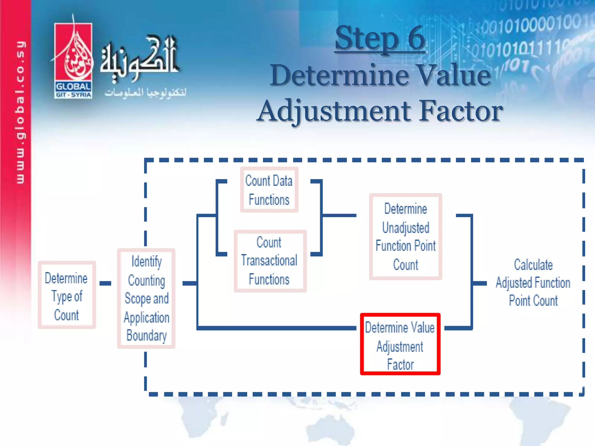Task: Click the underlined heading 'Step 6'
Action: (x=380, y=38)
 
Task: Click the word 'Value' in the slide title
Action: (x=453, y=75)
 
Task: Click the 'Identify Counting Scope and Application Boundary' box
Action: (x=146, y=298)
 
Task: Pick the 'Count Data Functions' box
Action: (x=269, y=190)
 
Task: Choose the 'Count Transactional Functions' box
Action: (x=270, y=261)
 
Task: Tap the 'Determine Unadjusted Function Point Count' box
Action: (x=406, y=237)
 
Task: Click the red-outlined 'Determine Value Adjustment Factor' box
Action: (x=400, y=344)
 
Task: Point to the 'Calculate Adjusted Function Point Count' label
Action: (x=533, y=283)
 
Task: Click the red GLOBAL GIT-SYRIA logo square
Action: (x=73, y=61)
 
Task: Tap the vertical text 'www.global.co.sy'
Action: (x=20, y=112)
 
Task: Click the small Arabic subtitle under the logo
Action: (x=145, y=93)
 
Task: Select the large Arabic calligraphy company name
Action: (x=139, y=58)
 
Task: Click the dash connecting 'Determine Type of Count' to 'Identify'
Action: (x=105, y=283)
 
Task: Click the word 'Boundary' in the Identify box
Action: (x=146, y=336)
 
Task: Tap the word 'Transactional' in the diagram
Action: (x=269, y=260)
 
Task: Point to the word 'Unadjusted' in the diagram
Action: (x=406, y=228)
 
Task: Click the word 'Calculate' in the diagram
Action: (x=533, y=265)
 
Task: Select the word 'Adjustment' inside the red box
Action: (x=400, y=347)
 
